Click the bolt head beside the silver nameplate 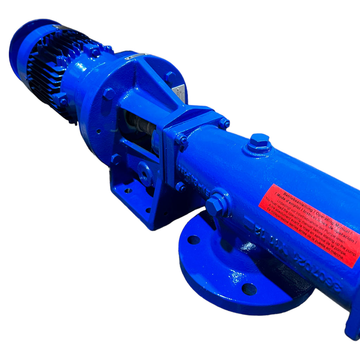click(171, 77)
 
